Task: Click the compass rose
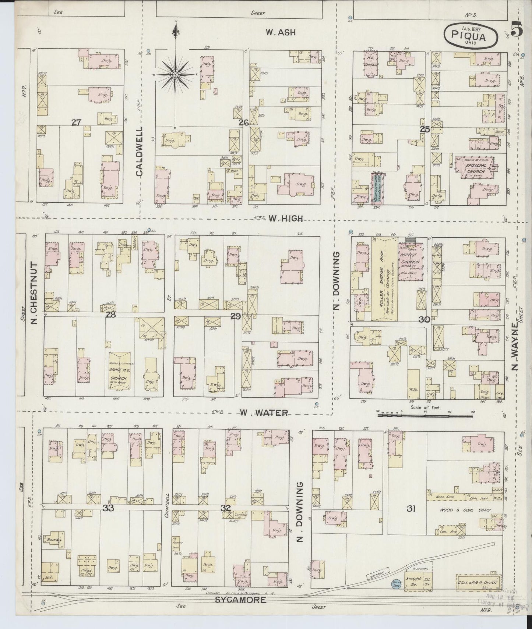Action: (175, 75)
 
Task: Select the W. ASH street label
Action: (281, 32)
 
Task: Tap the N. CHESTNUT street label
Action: (35, 293)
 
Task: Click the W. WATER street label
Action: (264, 413)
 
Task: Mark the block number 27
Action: (76, 122)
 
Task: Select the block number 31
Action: (411, 509)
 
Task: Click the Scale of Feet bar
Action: (425, 416)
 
